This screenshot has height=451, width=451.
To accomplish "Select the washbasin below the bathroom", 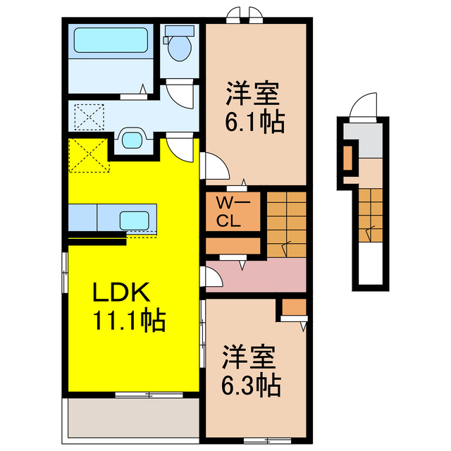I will click(x=131, y=139).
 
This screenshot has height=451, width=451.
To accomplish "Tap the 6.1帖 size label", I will click(x=254, y=123).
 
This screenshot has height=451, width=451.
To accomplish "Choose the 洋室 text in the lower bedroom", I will click(x=249, y=357).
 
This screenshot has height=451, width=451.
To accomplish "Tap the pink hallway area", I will click(x=261, y=275).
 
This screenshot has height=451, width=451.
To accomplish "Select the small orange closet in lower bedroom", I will click(x=294, y=308).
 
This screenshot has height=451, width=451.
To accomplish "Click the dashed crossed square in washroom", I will click(x=89, y=116).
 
